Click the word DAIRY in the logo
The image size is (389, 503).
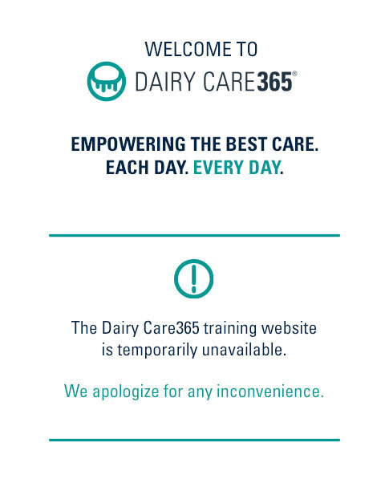pos(165,82)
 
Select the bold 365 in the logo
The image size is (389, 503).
pos(275,82)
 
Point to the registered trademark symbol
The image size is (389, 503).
pos(294,74)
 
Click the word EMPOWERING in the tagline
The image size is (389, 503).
pos(128,144)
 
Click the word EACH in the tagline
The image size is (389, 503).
pos(128,168)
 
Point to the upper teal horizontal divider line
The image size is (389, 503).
pos(194,236)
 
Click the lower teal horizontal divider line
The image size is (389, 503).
pos(194,440)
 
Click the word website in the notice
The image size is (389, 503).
pos(289,328)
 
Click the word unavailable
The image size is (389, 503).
pos(244,350)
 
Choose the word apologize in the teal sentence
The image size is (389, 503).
pos(126,392)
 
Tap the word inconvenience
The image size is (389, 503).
pos(270,391)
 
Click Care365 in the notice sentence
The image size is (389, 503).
pos(172,328)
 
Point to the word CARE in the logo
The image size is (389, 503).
pos(229,82)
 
